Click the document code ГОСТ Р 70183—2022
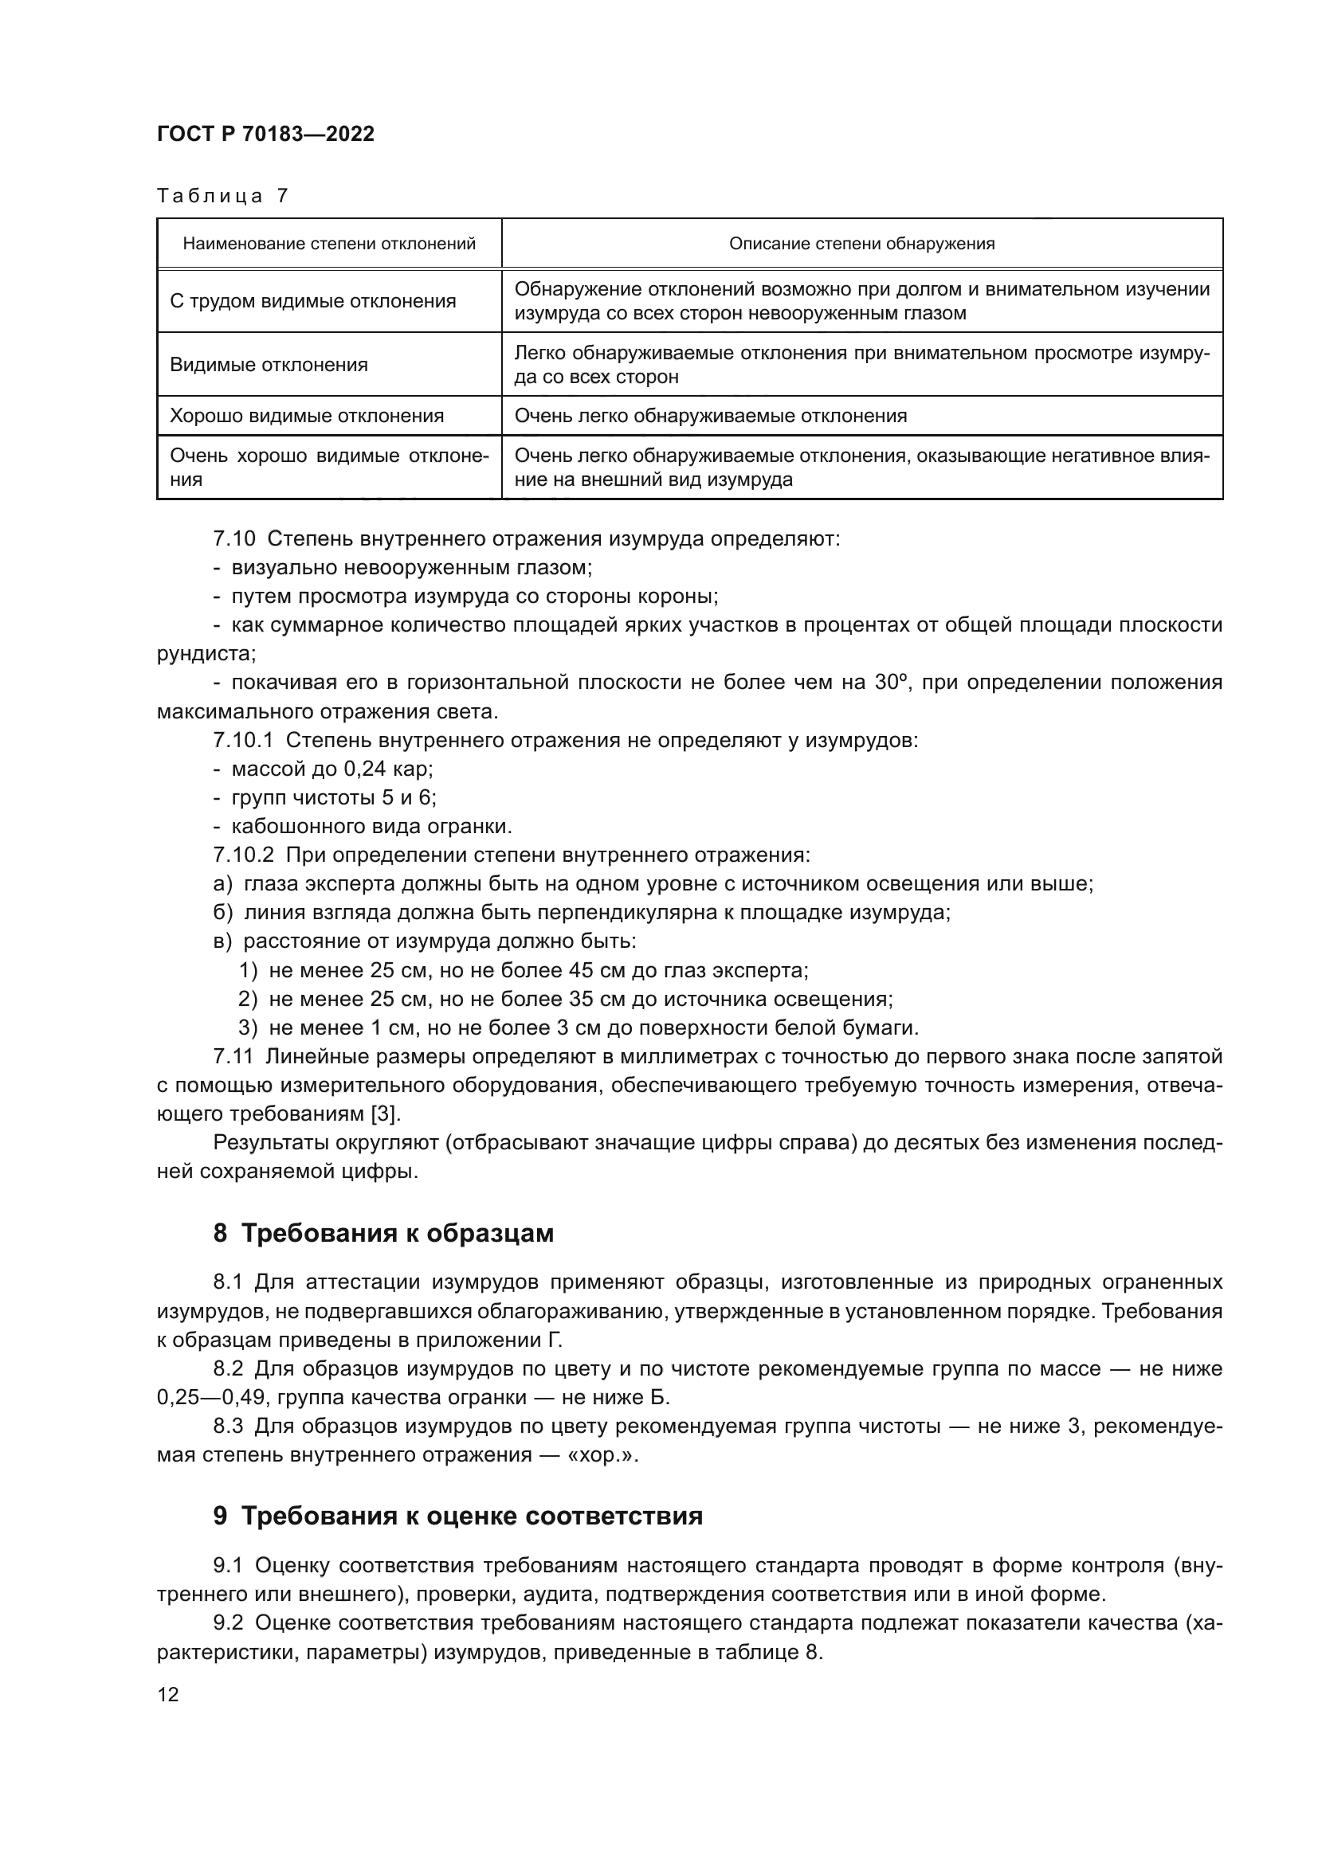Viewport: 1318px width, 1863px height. (265, 134)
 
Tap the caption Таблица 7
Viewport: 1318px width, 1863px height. (222, 196)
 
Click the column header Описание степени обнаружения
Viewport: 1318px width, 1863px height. (861, 244)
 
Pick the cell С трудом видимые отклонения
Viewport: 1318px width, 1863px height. (312, 301)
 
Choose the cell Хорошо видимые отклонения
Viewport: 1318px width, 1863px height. (307, 417)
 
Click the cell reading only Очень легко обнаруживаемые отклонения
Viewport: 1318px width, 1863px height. (710, 417)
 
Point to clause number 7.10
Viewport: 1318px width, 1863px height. (233, 538)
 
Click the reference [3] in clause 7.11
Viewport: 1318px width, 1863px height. (385, 1114)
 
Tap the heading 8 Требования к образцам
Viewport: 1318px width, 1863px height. (383, 1232)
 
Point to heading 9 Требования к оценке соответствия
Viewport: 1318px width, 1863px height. (457, 1516)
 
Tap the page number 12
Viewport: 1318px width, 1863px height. (168, 1694)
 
